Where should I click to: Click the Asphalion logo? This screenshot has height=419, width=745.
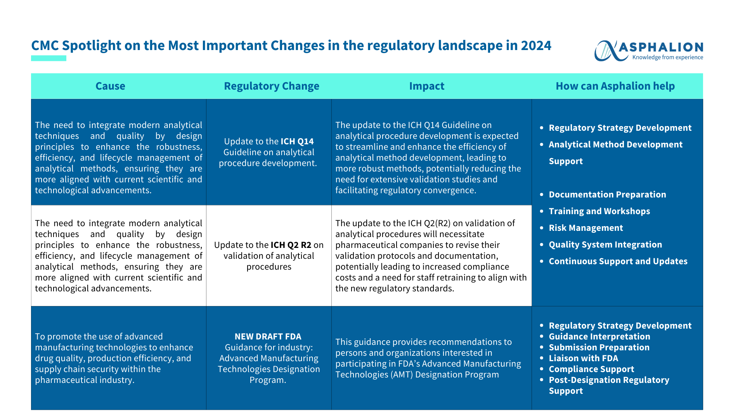coord(649,51)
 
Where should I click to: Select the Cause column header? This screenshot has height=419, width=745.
coord(110,86)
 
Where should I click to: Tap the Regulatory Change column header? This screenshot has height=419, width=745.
coord(272,86)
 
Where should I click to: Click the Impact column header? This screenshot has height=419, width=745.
coord(427,86)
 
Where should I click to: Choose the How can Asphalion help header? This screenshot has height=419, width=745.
coord(615,86)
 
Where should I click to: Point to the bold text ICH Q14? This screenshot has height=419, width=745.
coord(297,141)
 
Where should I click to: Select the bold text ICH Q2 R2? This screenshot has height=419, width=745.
coord(291,245)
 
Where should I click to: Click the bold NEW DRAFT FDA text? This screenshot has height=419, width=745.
coord(268,337)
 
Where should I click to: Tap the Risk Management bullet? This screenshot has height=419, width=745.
coord(586,228)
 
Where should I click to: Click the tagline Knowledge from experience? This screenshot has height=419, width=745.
coord(668,57)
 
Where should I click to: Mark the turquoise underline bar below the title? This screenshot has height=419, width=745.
coord(49,58)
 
